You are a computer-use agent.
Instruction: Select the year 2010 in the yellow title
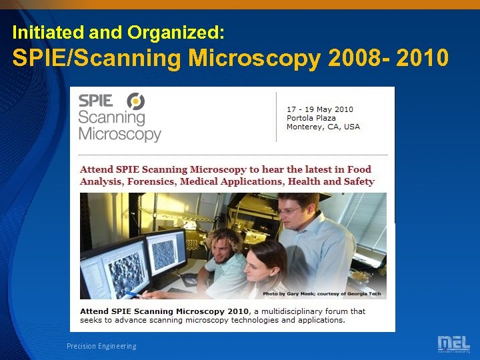click(422, 59)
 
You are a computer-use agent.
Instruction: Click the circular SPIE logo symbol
click(136, 101)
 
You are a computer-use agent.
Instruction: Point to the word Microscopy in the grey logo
click(120, 133)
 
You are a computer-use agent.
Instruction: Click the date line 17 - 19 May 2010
click(320, 109)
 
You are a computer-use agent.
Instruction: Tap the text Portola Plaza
click(311, 118)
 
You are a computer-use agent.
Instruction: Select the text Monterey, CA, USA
click(323, 127)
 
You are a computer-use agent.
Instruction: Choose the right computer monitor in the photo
click(166, 252)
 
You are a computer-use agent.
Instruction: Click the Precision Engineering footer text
click(101, 346)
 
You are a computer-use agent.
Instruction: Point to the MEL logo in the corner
click(453, 343)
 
